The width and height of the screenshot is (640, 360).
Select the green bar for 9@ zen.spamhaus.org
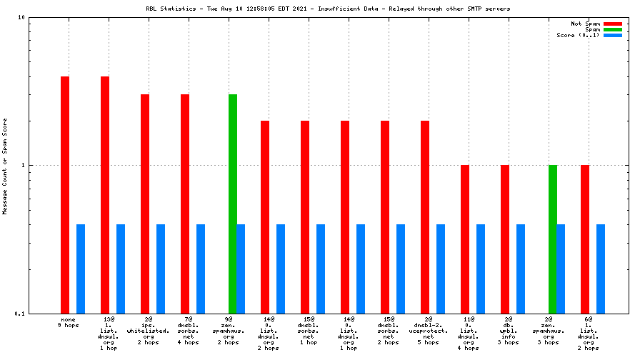[233, 204]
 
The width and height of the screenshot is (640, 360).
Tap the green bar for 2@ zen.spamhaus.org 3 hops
[553, 239]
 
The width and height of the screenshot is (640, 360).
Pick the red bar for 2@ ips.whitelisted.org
[145, 204]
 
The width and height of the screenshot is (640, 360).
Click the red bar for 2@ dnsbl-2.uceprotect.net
[425, 217]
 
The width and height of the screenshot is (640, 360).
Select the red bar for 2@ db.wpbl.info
[505, 239]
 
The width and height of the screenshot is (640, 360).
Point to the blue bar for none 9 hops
[81, 269]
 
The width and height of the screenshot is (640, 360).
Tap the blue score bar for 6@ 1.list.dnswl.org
[601, 269]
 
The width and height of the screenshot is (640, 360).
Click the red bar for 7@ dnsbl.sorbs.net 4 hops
[185, 204]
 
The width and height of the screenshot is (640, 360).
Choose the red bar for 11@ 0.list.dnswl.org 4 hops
[465, 239]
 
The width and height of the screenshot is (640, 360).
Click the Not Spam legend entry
[586, 24]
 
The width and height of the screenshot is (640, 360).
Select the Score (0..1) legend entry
[579, 35]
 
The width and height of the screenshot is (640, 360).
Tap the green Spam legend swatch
[613, 29]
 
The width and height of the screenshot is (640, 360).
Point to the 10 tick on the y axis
[21, 17]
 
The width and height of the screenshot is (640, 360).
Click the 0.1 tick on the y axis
[20, 314]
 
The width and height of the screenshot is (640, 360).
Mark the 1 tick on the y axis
[24, 165]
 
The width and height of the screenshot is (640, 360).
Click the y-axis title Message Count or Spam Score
[5, 165]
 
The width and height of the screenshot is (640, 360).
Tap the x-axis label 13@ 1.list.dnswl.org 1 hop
[109, 334]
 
